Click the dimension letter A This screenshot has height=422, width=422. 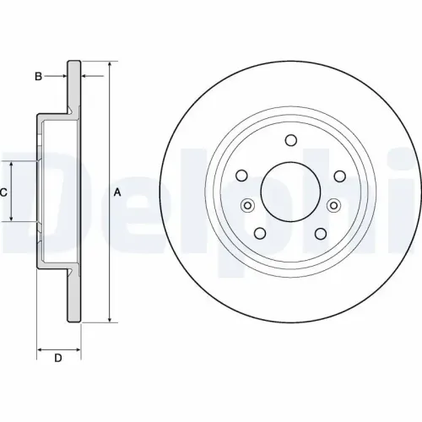(117, 192)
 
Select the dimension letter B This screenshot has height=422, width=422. (38, 77)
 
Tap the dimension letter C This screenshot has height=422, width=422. (3, 192)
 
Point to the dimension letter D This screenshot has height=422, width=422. (58, 359)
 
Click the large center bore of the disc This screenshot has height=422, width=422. (290, 191)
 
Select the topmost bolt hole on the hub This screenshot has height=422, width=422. (290, 141)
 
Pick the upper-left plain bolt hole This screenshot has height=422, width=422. (242, 176)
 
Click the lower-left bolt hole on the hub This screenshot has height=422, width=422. (261, 233)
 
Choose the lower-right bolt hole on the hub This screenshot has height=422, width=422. (320, 233)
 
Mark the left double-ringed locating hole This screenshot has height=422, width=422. (248, 205)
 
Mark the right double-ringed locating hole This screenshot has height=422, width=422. (333, 205)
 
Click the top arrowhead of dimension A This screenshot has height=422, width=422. (109, 64)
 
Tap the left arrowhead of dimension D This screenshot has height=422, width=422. (39, 347)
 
